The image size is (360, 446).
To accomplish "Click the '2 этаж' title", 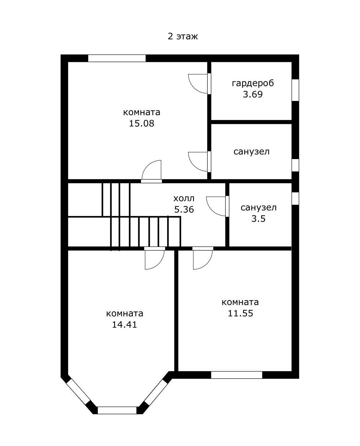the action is [183, 36].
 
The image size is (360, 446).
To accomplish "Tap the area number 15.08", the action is [142, 124].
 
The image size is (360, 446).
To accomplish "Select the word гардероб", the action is [253, 83].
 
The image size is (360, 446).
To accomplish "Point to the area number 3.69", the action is [253, 95].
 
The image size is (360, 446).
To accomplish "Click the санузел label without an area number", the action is [251, 152].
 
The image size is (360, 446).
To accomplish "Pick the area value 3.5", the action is [258, 219].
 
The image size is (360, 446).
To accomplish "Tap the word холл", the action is [184, 198].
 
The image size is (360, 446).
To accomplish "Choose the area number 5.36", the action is [184, 209].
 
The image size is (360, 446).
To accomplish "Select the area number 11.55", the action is [240, 313].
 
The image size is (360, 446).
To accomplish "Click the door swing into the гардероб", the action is [199, 84].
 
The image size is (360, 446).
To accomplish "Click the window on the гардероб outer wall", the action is [295, 90].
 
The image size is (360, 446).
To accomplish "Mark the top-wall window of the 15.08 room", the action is [117, 58].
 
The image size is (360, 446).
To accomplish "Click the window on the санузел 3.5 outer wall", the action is [295, 198].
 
